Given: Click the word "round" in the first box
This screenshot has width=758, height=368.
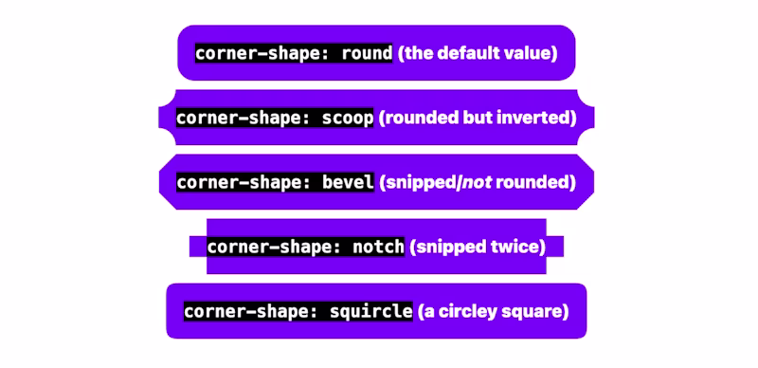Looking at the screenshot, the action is (365, 53).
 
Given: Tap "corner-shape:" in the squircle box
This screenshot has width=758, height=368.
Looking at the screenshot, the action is (243, 311).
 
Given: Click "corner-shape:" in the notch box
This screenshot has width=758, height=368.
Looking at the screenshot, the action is (264, 247).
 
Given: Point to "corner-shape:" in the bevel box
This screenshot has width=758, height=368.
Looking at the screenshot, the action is (234, 182).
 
